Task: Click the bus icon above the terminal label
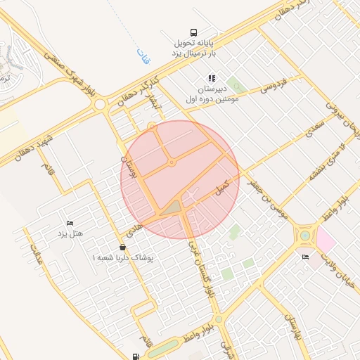pyautogui.click(x=194, y=32)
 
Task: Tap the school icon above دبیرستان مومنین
pyautogui.click(x=211, y=78)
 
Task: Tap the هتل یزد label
pyautogui.click(x=69, y=233)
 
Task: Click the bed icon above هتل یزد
pyautogui.click(x=69, y=223)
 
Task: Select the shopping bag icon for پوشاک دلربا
pyautogui.click(x=124, y=247)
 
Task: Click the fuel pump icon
pyautogui.click(x=135, y=356)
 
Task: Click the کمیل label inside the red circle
pyautogui.click(x=222, y=188)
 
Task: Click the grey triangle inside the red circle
pyautogui.click(x=172, y=207)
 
